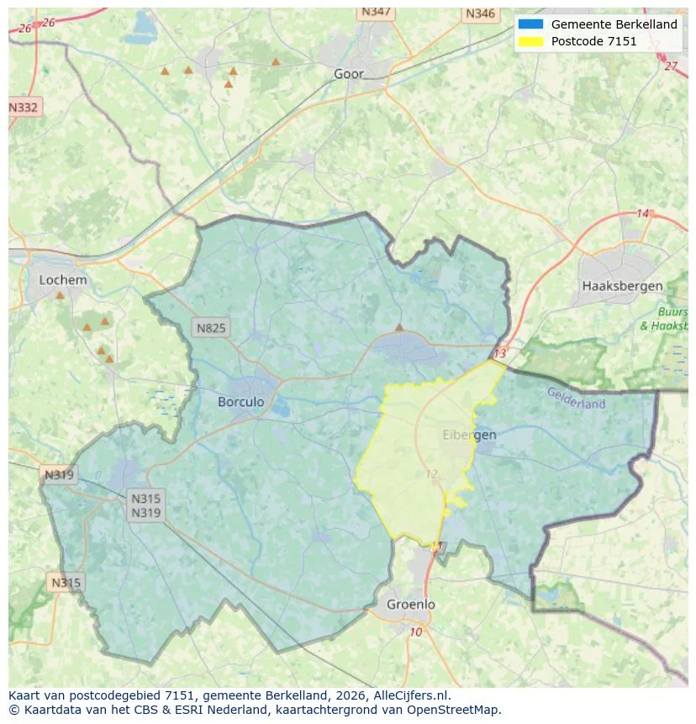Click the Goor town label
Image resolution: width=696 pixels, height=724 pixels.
349,74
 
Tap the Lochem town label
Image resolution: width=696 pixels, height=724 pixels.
62,280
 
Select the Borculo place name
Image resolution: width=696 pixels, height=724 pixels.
240,402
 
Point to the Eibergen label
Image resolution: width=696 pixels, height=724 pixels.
469,435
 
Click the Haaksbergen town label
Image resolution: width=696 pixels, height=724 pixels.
622,286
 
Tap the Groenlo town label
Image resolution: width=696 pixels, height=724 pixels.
411,604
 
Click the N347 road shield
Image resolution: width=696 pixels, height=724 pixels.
376,12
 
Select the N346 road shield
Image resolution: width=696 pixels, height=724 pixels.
480,13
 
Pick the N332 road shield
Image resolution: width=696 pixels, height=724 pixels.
24,108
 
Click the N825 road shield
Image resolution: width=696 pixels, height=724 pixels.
210,328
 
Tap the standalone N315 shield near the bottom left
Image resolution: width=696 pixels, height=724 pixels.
66,583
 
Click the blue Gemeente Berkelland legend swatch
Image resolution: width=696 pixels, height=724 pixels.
531,24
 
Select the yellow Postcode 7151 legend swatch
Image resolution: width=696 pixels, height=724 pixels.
531,41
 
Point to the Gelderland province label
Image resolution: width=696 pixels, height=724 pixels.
576,398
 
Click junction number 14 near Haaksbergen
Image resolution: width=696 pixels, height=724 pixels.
642,214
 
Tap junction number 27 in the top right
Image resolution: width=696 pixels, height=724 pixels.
670,66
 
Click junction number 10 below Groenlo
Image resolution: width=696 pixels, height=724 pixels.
416,632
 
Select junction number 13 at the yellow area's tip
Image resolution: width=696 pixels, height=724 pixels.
501,354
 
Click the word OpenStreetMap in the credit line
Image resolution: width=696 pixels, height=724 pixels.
460,710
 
